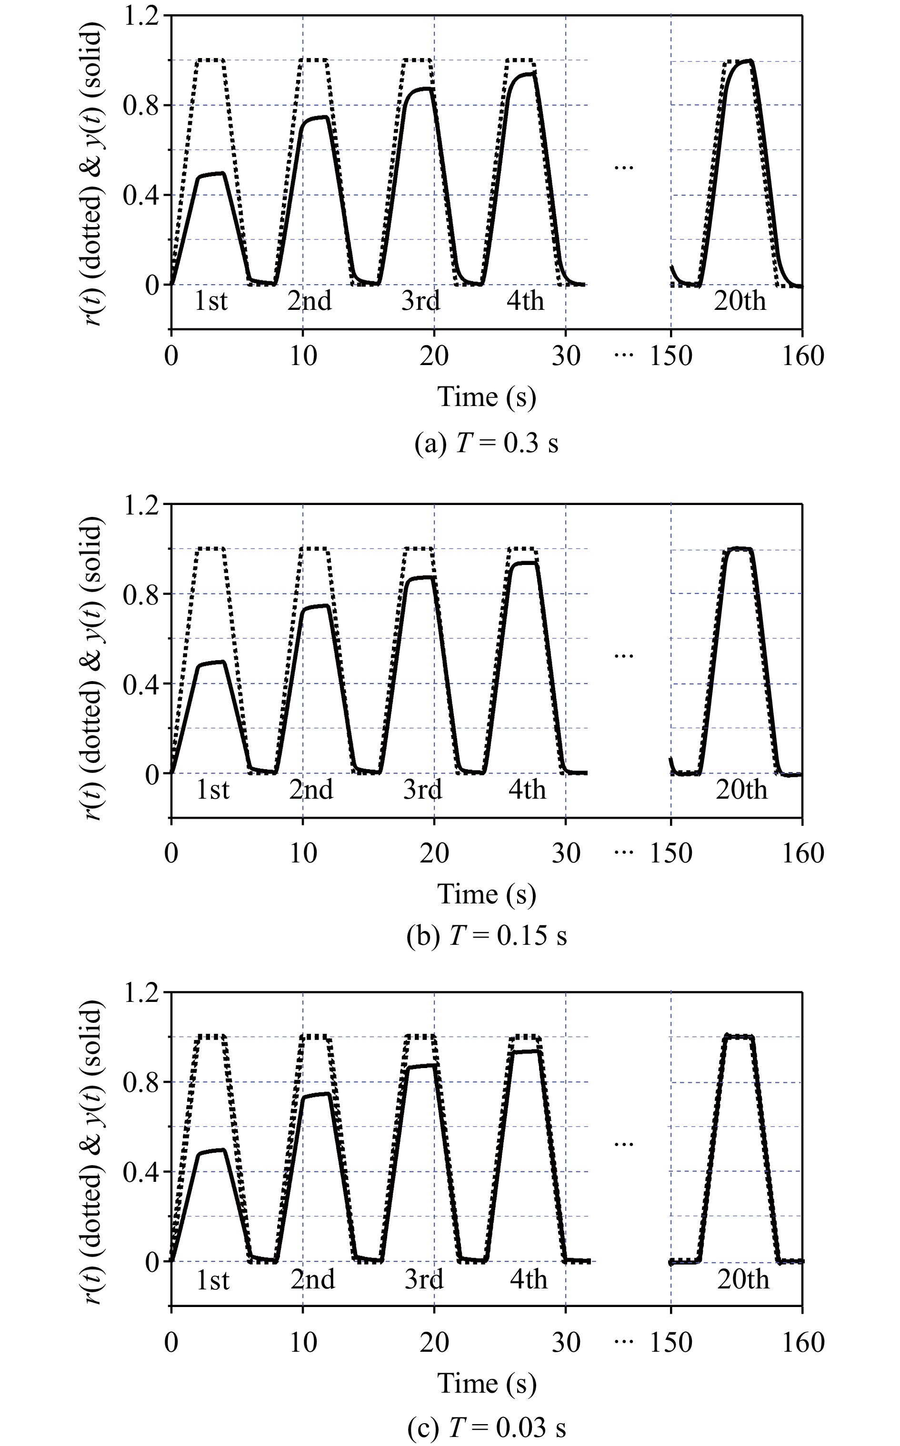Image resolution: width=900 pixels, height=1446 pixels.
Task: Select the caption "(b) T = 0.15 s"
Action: click(486, 935)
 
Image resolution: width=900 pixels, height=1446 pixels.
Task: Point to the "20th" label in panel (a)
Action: click(740, 301)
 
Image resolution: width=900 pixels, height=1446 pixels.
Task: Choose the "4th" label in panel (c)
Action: click(528, 1279)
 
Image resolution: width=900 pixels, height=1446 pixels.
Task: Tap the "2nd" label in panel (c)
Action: click(312, 1279)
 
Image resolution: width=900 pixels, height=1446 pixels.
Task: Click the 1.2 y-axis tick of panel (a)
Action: click(142, 16)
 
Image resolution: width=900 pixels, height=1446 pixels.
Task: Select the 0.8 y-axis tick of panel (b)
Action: click(142, 594)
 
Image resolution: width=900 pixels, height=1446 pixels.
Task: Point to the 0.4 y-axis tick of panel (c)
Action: click(142, 1172)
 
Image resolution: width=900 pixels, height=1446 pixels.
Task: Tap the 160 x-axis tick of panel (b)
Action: click(802, 853)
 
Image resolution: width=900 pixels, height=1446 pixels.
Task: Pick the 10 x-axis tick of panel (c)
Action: click(303, 1343)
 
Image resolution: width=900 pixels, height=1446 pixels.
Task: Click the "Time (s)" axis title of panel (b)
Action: click(486, 894)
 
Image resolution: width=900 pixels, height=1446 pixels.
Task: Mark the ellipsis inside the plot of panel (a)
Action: click(623, 168)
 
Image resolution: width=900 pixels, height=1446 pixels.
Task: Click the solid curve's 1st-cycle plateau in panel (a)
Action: click(211, 175)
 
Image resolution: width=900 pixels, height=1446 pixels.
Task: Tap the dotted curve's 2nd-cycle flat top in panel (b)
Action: click(314, 548)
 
